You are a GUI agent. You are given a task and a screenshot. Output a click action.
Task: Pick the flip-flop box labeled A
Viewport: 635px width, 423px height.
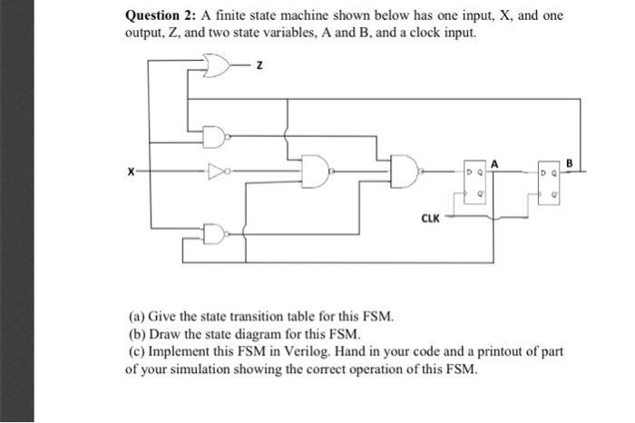pos(476,184)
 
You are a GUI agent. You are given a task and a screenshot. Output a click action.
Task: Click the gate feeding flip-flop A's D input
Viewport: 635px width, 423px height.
pos(405,170)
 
